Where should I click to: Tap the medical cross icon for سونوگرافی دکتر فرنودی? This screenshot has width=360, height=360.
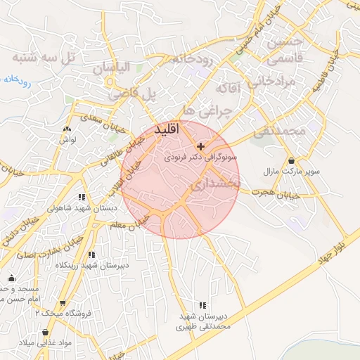point(202,147)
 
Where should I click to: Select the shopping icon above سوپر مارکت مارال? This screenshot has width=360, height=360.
point(291,161)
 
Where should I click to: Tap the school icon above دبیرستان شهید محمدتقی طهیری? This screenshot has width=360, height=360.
point(203,305)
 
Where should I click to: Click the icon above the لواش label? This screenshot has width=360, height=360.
point(67,129)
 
